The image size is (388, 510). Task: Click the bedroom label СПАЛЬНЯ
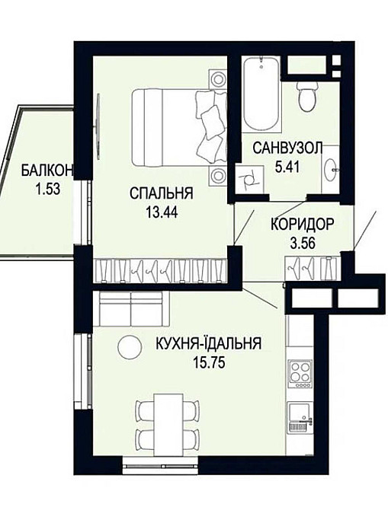(x=162, y=193)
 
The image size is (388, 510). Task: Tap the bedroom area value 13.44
(x=162, y=212)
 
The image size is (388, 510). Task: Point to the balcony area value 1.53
(x=48, y=189)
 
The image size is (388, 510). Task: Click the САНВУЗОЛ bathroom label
(x=287, y=148)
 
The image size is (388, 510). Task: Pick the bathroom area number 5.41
(x=287, y=167)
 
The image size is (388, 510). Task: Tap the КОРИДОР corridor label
(x=303, y=225)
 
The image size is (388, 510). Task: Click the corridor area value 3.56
(x=303, y=243)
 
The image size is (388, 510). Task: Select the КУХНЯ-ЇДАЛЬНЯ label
(x=209, y=343)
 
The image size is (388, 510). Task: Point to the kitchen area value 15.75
(x=209, y=362)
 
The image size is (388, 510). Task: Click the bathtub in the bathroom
(x=261, y=94)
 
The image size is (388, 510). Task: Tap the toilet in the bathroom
(x=307, y=96)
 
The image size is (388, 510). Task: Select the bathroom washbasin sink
(x=331, y=170)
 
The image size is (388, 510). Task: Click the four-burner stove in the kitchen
(x=300, y=374)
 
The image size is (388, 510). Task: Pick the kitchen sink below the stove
(x=300, y=417)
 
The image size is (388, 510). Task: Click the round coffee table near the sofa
(x=130, y=347)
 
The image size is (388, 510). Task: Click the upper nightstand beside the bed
(x=216, y=78)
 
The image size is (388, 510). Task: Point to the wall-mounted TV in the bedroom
(x=98, y=126)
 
